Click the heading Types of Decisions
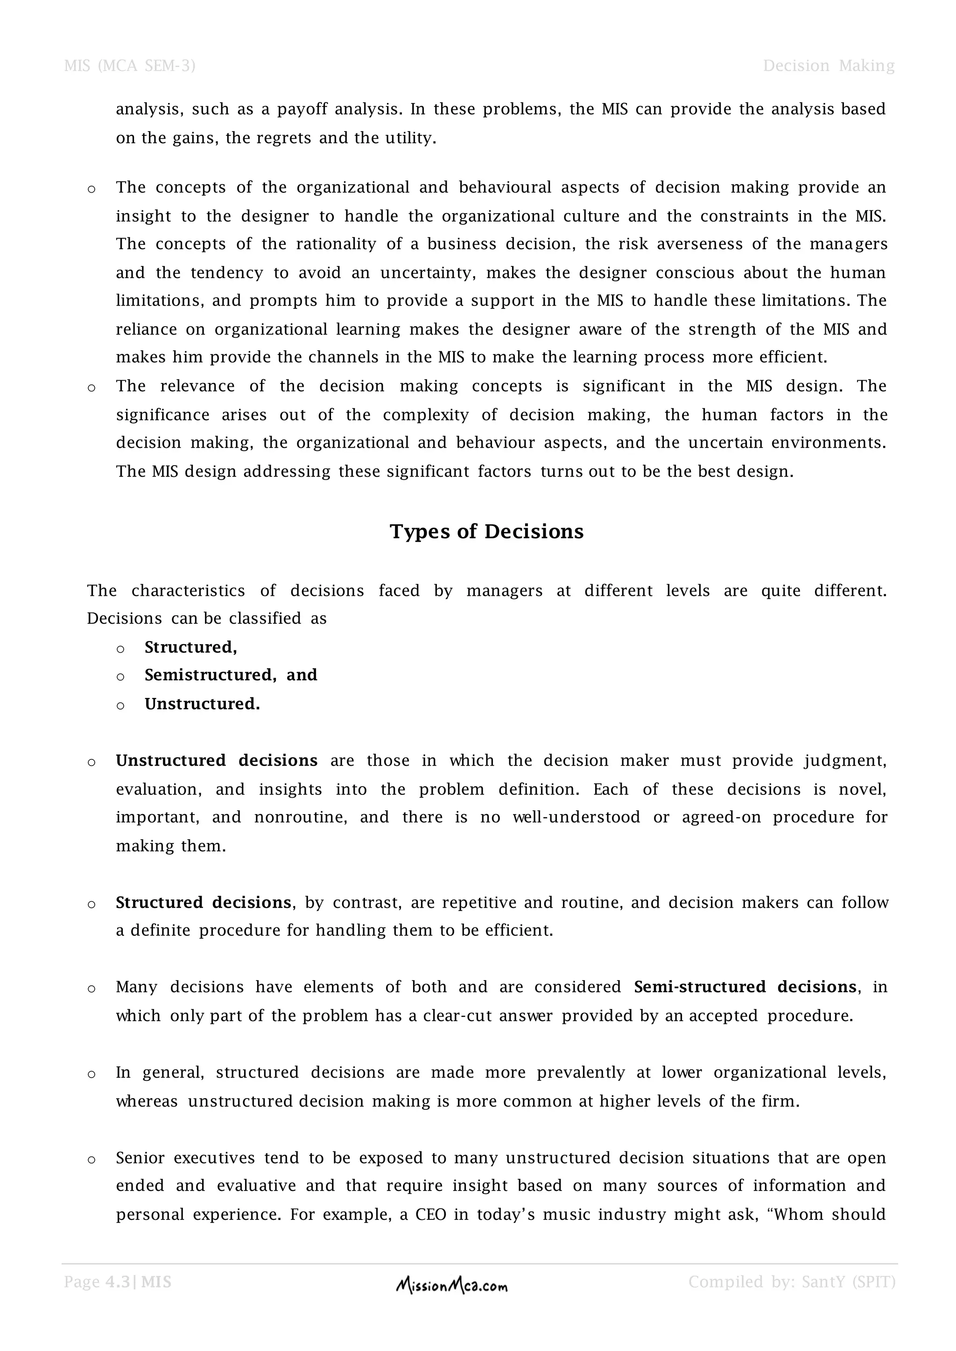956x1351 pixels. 486,531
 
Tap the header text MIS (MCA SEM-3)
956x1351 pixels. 129,66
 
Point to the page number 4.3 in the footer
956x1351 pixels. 117,1281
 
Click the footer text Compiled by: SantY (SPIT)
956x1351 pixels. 791,1281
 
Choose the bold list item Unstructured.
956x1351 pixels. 202,704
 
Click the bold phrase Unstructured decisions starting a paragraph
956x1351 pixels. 216,761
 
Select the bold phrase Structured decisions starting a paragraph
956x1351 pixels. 203,903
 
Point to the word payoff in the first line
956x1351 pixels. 302,110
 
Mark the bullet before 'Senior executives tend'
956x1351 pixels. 91,1160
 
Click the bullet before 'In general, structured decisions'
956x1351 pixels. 91,1074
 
